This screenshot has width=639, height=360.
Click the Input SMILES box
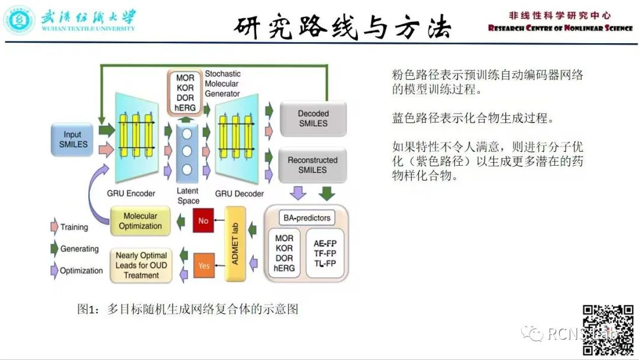[x=73, y=140]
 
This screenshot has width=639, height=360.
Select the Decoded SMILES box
[x=313, y=118]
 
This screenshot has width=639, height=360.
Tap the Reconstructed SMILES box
[x=312, y=165]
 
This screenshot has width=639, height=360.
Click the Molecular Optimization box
[x=140, y=221]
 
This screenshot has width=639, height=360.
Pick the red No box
[x=204, y=221]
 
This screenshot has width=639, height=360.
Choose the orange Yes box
[x=204, y=265]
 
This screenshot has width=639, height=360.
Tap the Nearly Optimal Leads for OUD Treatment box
[x=141, y=265]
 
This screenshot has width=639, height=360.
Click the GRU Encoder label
[x=131, y=194]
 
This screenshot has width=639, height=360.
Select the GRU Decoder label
[x=239, y=194]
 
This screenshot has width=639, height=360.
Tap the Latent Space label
[x=188, y=196]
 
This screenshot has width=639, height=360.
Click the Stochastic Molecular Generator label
[x=222, y=83]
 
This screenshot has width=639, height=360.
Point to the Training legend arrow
[x=54, y=227]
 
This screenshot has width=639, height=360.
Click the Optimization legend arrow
[x=54, y=271]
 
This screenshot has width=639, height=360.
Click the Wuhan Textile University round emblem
[x=20, y=20]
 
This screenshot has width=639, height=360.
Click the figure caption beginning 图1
[x=188, y=309]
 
